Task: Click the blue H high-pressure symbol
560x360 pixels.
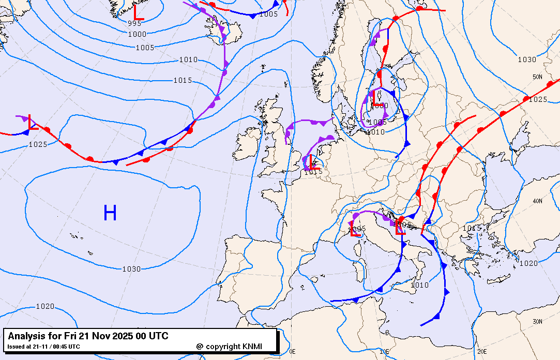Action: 110,213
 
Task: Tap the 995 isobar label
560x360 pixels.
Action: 135,23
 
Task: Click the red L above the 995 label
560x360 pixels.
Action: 138,12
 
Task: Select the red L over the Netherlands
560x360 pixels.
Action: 314,162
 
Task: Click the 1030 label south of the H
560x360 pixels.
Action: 131,269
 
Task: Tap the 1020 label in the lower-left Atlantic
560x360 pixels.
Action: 44,306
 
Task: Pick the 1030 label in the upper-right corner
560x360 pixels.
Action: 527,59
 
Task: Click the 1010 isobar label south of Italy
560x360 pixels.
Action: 419,285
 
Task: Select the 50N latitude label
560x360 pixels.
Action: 537,77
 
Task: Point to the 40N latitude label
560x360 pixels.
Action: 537,201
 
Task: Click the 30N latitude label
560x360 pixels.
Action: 537,321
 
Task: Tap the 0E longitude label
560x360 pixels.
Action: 292,351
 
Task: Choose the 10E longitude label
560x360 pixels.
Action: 384,351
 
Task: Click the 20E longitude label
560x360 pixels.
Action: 481,351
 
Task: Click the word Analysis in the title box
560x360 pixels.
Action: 26,336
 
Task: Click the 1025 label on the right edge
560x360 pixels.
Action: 538,99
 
